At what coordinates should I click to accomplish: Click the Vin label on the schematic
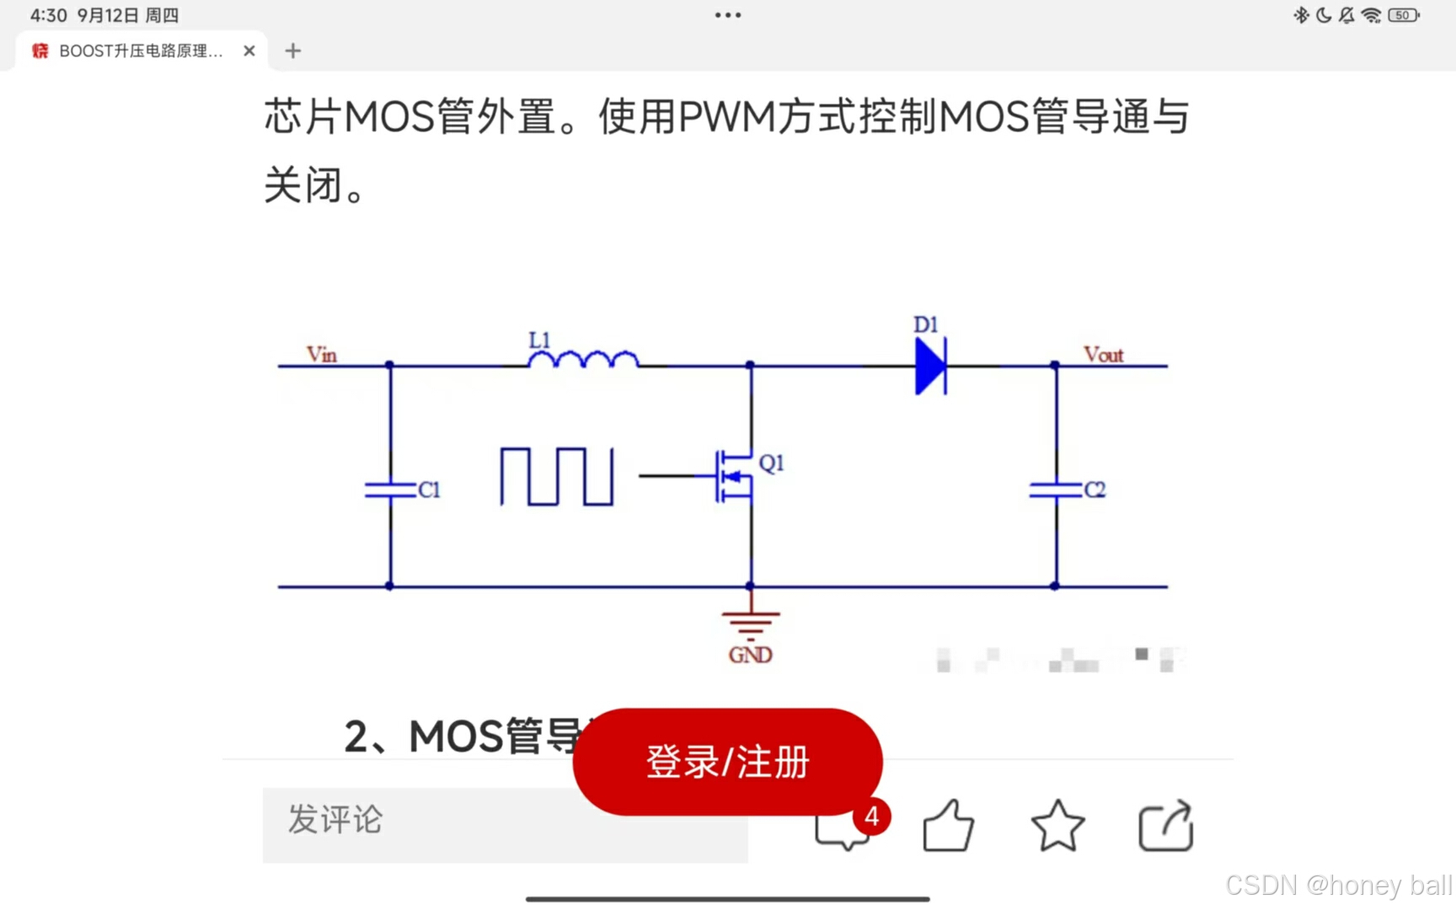pyautogui.click(x=322, y=354)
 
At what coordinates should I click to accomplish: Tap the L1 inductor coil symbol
pyautogui.click(x=583, y=361)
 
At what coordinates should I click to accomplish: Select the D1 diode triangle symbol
pyautogui.click(x=930, y=366)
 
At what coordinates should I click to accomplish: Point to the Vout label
pyautogui.click(x=1103, y=355)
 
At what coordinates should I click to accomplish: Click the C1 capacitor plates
pyautogui.click(x=390, y=490)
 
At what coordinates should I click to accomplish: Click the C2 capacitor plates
pyautogui.click(x=1055, y=490)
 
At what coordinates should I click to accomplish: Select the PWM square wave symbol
pyautogui.click(x=557, y=476)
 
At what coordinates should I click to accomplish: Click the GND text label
pyautogui.click(x=750, y=655)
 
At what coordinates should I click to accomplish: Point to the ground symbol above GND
pyautogui.click(x=750, y=624)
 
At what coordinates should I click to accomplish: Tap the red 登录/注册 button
pyautogui.click(x=727, y=762)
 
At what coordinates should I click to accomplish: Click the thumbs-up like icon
pyautogui.click(x=948, y=826)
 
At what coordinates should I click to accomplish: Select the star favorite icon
pyautogui.click(x=1057, y=826)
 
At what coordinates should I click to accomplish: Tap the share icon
pyautogui.click(x=1166, y=826)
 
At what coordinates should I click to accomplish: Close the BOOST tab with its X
pyautogui.click(x=249, y=51)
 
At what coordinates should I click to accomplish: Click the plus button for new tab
pyautogui.click(x=292, y=51)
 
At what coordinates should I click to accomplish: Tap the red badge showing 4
pyautogui.click(x=872, y=816)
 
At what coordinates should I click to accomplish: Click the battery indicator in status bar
pyautogui.click(x=1403, y=15)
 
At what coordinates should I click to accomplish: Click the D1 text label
pyautogui.click(x=925, y=324)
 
